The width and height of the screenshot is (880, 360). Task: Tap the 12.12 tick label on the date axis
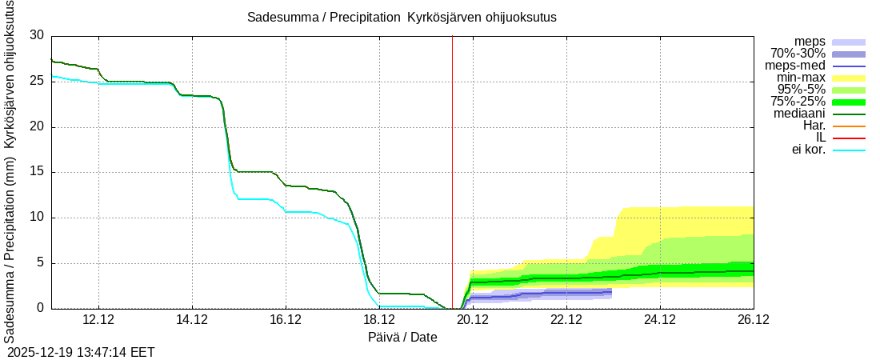(x=98, y=320)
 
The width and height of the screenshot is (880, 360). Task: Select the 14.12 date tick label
(x=192, y=320)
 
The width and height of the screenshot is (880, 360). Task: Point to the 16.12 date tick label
(x=286, y=320)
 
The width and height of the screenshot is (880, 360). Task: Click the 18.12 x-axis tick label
(x=379, y=320)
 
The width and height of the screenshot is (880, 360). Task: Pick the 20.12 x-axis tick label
(x=473, y=320)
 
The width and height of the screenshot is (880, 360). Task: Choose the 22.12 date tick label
(x=566, y=320)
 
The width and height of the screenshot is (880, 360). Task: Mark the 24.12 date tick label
(x=659, y=320)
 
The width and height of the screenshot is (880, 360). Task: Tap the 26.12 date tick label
(x=753, y=320)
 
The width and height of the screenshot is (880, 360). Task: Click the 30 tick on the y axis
(x=37, y=36)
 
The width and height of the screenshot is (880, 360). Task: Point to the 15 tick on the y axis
(x=37, y=173)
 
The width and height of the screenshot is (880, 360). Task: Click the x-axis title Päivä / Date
(x=402, y=337)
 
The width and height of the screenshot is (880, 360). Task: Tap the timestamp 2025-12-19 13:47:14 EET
(x=81, y=352)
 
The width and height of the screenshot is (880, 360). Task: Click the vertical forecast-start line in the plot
(x=452, y=160)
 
